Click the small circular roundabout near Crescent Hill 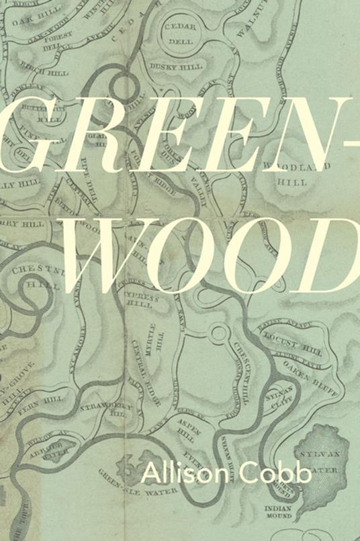click(x=218, y=332)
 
